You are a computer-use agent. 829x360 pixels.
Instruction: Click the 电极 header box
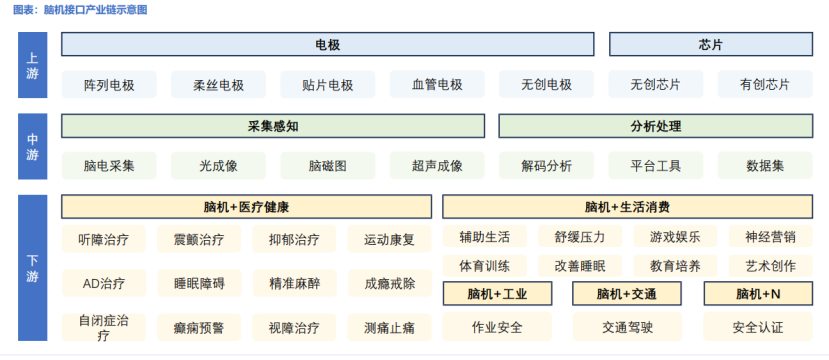pyautogui.click(x=327, y=45)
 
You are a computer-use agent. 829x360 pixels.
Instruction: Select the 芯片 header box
pyautogui.click(x=711, y=45)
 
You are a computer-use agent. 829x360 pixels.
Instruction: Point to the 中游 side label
pyautogui.click(x=33, y=147)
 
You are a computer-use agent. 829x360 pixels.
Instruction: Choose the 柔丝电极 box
pyautogui.click(x=218, y=85)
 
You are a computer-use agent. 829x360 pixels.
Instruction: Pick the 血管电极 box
pyautogui.click(x=437, y=85)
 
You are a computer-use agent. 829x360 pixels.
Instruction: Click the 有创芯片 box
pyautogui.click(x=765, y=85)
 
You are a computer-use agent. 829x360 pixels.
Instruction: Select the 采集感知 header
pyautogui.click(x=273, y=127)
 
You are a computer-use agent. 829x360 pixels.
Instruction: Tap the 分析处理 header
pyautogui.click(x=656, y=127)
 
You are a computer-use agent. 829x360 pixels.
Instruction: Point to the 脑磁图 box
pyautogui.click(x=328, y=166)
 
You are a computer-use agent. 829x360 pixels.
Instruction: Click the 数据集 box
pyautogui.click(x=765, y=166)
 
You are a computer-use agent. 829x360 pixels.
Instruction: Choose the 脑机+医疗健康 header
pyautogui.click(x=246, y=207)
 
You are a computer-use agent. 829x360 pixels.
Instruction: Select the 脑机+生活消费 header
pyautogui.click(x=628, y=207)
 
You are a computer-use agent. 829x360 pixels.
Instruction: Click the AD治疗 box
pyautogui.click(x=104, y=283)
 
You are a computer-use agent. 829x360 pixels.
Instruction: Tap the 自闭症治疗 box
pyautogui.click(x=104, y=328)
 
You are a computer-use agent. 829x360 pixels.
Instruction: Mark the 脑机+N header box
pyautogui.click(x=758, y=294)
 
